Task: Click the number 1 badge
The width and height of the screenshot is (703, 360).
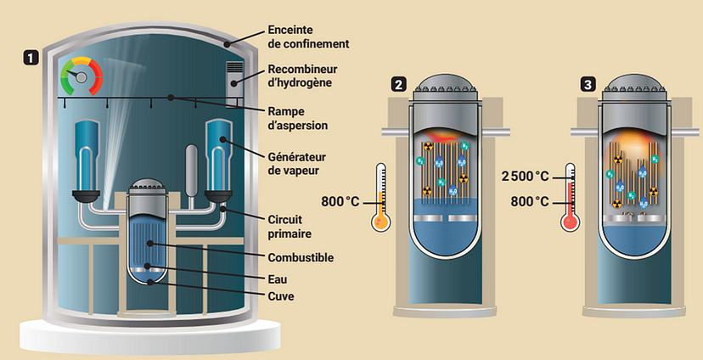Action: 32,59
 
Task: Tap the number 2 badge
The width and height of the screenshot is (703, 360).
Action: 398,84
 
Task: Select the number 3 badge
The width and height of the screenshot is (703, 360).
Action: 588,84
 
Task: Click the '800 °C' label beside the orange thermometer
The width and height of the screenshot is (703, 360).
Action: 344,202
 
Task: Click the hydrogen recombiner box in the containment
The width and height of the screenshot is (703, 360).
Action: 236,83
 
